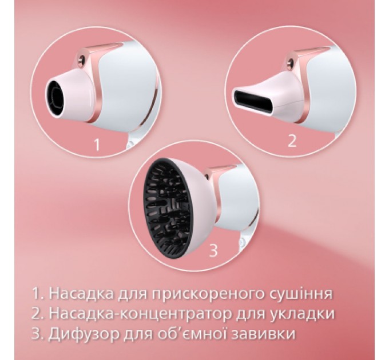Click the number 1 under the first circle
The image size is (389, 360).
click(x=97, y=144)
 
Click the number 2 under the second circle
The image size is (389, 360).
click(x=292, y=141)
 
